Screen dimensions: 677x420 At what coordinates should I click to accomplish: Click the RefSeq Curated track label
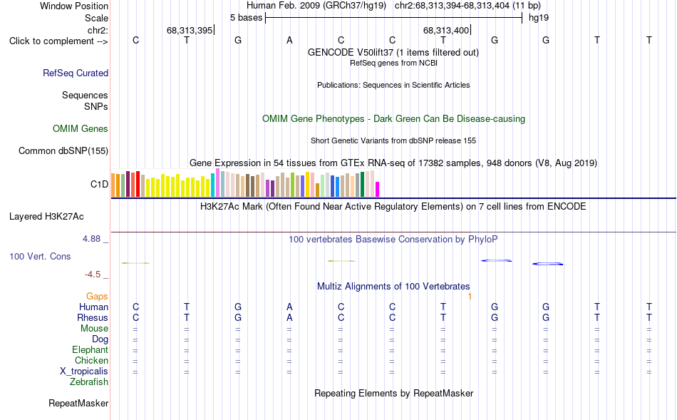pos(76,73)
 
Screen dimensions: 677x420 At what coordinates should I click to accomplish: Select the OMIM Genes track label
pos(81,129)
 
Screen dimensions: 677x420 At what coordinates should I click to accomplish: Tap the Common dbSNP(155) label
pos(63,150)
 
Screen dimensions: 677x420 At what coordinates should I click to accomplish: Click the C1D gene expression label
pos(99,185)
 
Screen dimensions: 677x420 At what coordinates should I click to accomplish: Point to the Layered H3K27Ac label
pos(46,217)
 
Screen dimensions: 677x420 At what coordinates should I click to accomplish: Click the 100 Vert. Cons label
pos(40,256)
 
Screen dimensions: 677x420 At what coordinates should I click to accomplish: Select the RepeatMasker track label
pos(78,403)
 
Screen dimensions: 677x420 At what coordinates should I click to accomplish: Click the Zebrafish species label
pos(89,382)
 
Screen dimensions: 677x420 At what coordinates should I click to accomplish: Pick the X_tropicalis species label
pos(84,372)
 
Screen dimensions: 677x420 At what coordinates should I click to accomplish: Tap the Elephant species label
pos(91,350)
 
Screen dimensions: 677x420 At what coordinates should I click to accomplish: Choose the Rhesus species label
pos(93,317)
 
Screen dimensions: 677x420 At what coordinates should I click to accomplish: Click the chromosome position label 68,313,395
pos(190,30)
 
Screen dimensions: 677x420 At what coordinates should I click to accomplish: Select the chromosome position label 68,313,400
pos(446,30)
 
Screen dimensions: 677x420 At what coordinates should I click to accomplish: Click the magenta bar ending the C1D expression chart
pos(378,189)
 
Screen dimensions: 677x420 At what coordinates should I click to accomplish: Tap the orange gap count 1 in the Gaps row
pos(470,297)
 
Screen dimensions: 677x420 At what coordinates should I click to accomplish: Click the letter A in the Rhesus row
pos(289,317)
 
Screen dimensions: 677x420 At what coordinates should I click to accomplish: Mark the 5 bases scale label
pos(246,18)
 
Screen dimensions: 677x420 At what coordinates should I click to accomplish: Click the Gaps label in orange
pos(97,297)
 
